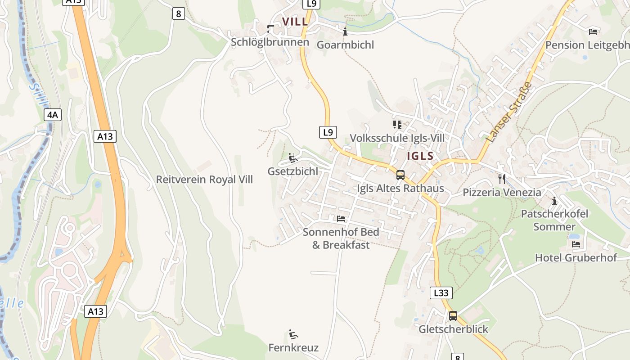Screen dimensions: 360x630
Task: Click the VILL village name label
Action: (295, 21)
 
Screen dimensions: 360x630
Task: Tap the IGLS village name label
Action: (420, 156)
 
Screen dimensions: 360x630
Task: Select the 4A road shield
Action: (53, 115)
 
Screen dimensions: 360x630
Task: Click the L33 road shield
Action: (441, 293)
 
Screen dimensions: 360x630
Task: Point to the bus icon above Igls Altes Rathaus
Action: (400, 175)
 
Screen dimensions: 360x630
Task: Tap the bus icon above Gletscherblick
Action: (453, 316)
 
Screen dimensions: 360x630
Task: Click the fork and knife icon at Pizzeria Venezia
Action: (502, 179)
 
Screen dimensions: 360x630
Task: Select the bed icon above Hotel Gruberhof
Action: (576, 244)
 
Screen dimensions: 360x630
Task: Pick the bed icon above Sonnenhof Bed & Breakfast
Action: (341, 219)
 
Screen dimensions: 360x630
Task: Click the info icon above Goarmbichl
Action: (345, 31)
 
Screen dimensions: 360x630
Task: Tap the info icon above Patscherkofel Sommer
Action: (554, 201)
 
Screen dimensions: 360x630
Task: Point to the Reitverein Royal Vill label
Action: (204, 180)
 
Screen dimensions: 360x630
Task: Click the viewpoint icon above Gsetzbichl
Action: (293, 158)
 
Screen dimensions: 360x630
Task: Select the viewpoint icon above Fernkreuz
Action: (293, 334)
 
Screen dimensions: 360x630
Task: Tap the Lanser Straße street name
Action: (510, 112)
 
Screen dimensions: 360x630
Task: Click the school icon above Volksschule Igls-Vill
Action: (397, 124)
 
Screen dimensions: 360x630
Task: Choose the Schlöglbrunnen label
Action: (270, 42)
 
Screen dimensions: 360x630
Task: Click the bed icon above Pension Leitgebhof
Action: (594, 31)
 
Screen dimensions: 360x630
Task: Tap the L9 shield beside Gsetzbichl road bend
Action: (328, 132)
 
